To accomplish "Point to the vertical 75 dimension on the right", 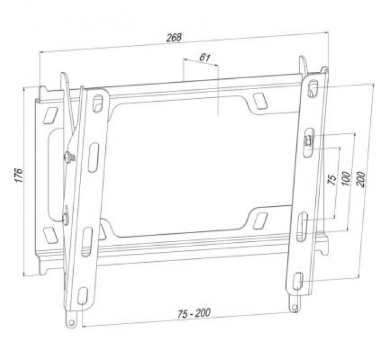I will (331, 180).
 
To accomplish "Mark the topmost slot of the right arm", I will (312, 89).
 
